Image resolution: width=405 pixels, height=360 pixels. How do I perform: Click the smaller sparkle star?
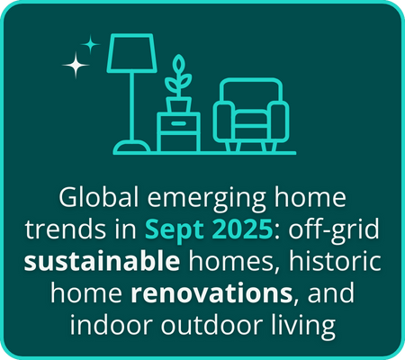[91, 42]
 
